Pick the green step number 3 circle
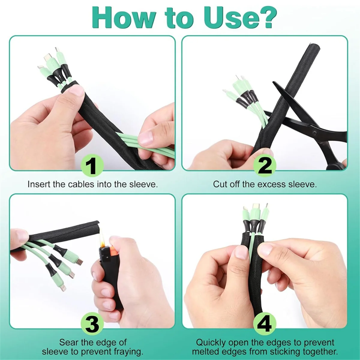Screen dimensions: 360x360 (x=92, y=323)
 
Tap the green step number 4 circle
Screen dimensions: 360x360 (x=265, y=323)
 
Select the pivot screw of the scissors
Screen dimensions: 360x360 (x=314, y=132)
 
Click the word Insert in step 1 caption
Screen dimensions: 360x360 (x=39, y=184)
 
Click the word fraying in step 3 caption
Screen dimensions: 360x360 (x=127, y=351)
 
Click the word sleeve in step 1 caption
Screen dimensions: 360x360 (x=143, y=184)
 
